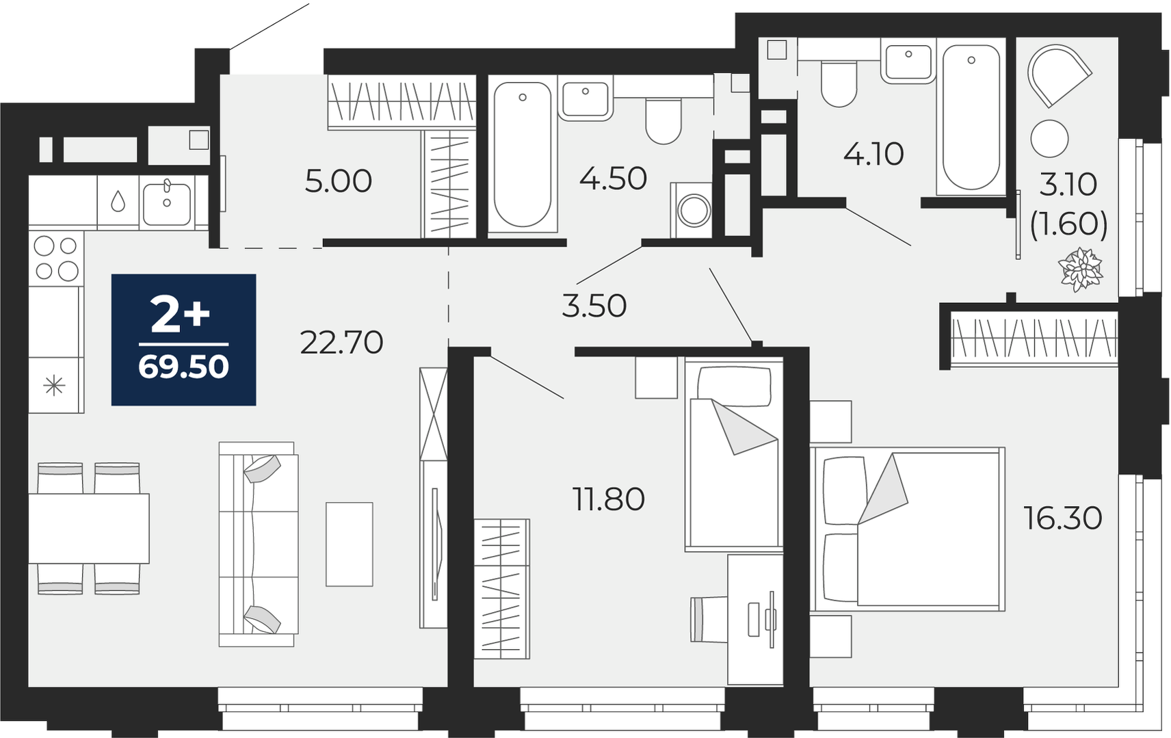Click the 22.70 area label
pyautogui.click(x=341, y=343)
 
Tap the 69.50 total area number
pyautogui.click(x=183, y=367)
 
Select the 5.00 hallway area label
pyautogui.click(x=338, y=181)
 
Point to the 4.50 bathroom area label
pyautogui.click(x=613, y=179)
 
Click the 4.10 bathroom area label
pyautogui.click(x=873, y=154)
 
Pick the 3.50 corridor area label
pyautogui.click(x=594, y=306)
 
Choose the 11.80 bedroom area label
pyautogui.click(x=609, y=499)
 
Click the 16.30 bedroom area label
pyautogui.click(x=1063, y=518)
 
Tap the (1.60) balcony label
pyautogui.click(x=1068, y=225)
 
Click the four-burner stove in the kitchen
pyautogui.click(x=56, y=258)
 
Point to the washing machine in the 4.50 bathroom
pyautogui.click(x=692, y=211)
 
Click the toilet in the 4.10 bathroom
pyautogui.click(x=839, y=83)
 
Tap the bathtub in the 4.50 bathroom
pyautogui.click(x=523, y=155)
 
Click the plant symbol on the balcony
pyautogui.click(x=1081, y=269)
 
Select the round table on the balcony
pyautogui.click(x=1049, y=139)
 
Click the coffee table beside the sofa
pyautogui.click(x=350, y=544)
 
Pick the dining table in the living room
pyautogui.click(x=89, y=528)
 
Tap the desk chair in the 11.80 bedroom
pyautogui.click(x=709, y=619)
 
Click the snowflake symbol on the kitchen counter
pyautogui.click(x=54, y=386)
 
